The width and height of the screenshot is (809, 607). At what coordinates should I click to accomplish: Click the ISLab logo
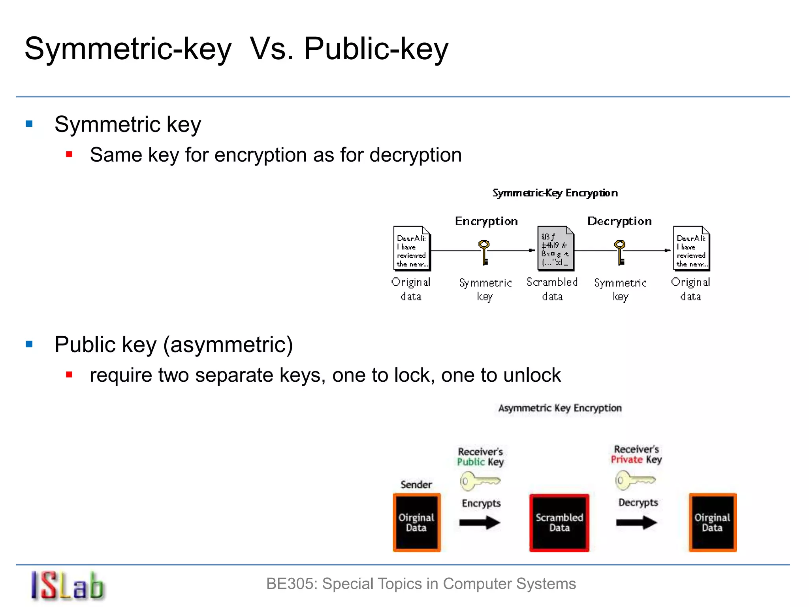(x=67, y=586)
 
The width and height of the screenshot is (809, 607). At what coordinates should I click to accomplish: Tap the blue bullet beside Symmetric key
(x=29, y=124)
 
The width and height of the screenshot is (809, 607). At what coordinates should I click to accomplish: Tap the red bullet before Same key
(x=69, y=155)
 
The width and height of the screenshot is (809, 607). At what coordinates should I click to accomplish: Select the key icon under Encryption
(x=484, y=252)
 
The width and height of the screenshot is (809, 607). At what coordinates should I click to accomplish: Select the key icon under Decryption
(x=620, y=252)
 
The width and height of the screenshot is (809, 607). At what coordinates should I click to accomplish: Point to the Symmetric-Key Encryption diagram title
(x=555, y=193)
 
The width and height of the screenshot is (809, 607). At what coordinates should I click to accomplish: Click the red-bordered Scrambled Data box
(x=559, y=522)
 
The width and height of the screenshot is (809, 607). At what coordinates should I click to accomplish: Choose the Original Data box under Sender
(x=416, y=522)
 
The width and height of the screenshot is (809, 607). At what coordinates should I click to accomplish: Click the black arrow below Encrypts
(x=480, y=523)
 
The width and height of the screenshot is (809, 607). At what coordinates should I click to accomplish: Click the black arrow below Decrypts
(x=636, y=523)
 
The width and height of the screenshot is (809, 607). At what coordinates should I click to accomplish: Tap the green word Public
(x=470, y=462)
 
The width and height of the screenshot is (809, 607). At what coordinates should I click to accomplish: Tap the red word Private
(x=627, y=460)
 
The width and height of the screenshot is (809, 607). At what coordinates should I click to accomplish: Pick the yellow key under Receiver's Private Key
(x=635, y=480)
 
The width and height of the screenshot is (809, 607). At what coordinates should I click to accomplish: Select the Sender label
(x=416, y=484)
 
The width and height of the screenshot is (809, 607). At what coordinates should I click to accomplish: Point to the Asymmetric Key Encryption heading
(x=560, y=408)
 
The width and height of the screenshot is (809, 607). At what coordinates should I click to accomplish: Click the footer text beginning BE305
(x=421, y=584)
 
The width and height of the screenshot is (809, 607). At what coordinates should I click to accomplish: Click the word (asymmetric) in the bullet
(x=228, y=345)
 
